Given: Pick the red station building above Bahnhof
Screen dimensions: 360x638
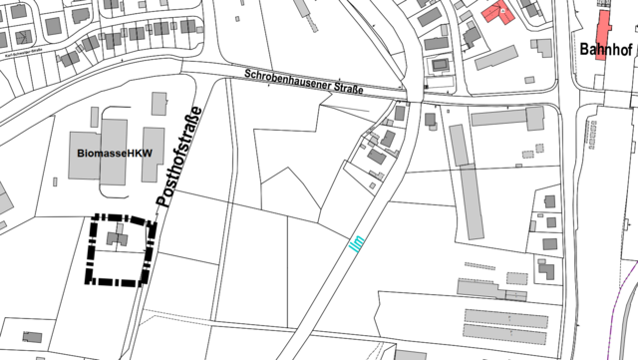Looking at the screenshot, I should click(x=603, y=36).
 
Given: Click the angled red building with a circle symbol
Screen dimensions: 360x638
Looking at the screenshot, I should click(x=495, y=14).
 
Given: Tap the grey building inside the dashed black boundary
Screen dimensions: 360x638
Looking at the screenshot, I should click(x=120, y=237).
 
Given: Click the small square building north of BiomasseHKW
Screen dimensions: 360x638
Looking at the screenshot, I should click(x=159, y=103).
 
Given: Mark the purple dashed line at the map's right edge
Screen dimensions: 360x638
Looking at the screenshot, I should click(x=629, y=299).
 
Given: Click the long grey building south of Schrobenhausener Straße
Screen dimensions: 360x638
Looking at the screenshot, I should click(x=505, y=119).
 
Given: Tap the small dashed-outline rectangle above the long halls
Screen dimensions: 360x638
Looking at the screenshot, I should click(x=516, y=278).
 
